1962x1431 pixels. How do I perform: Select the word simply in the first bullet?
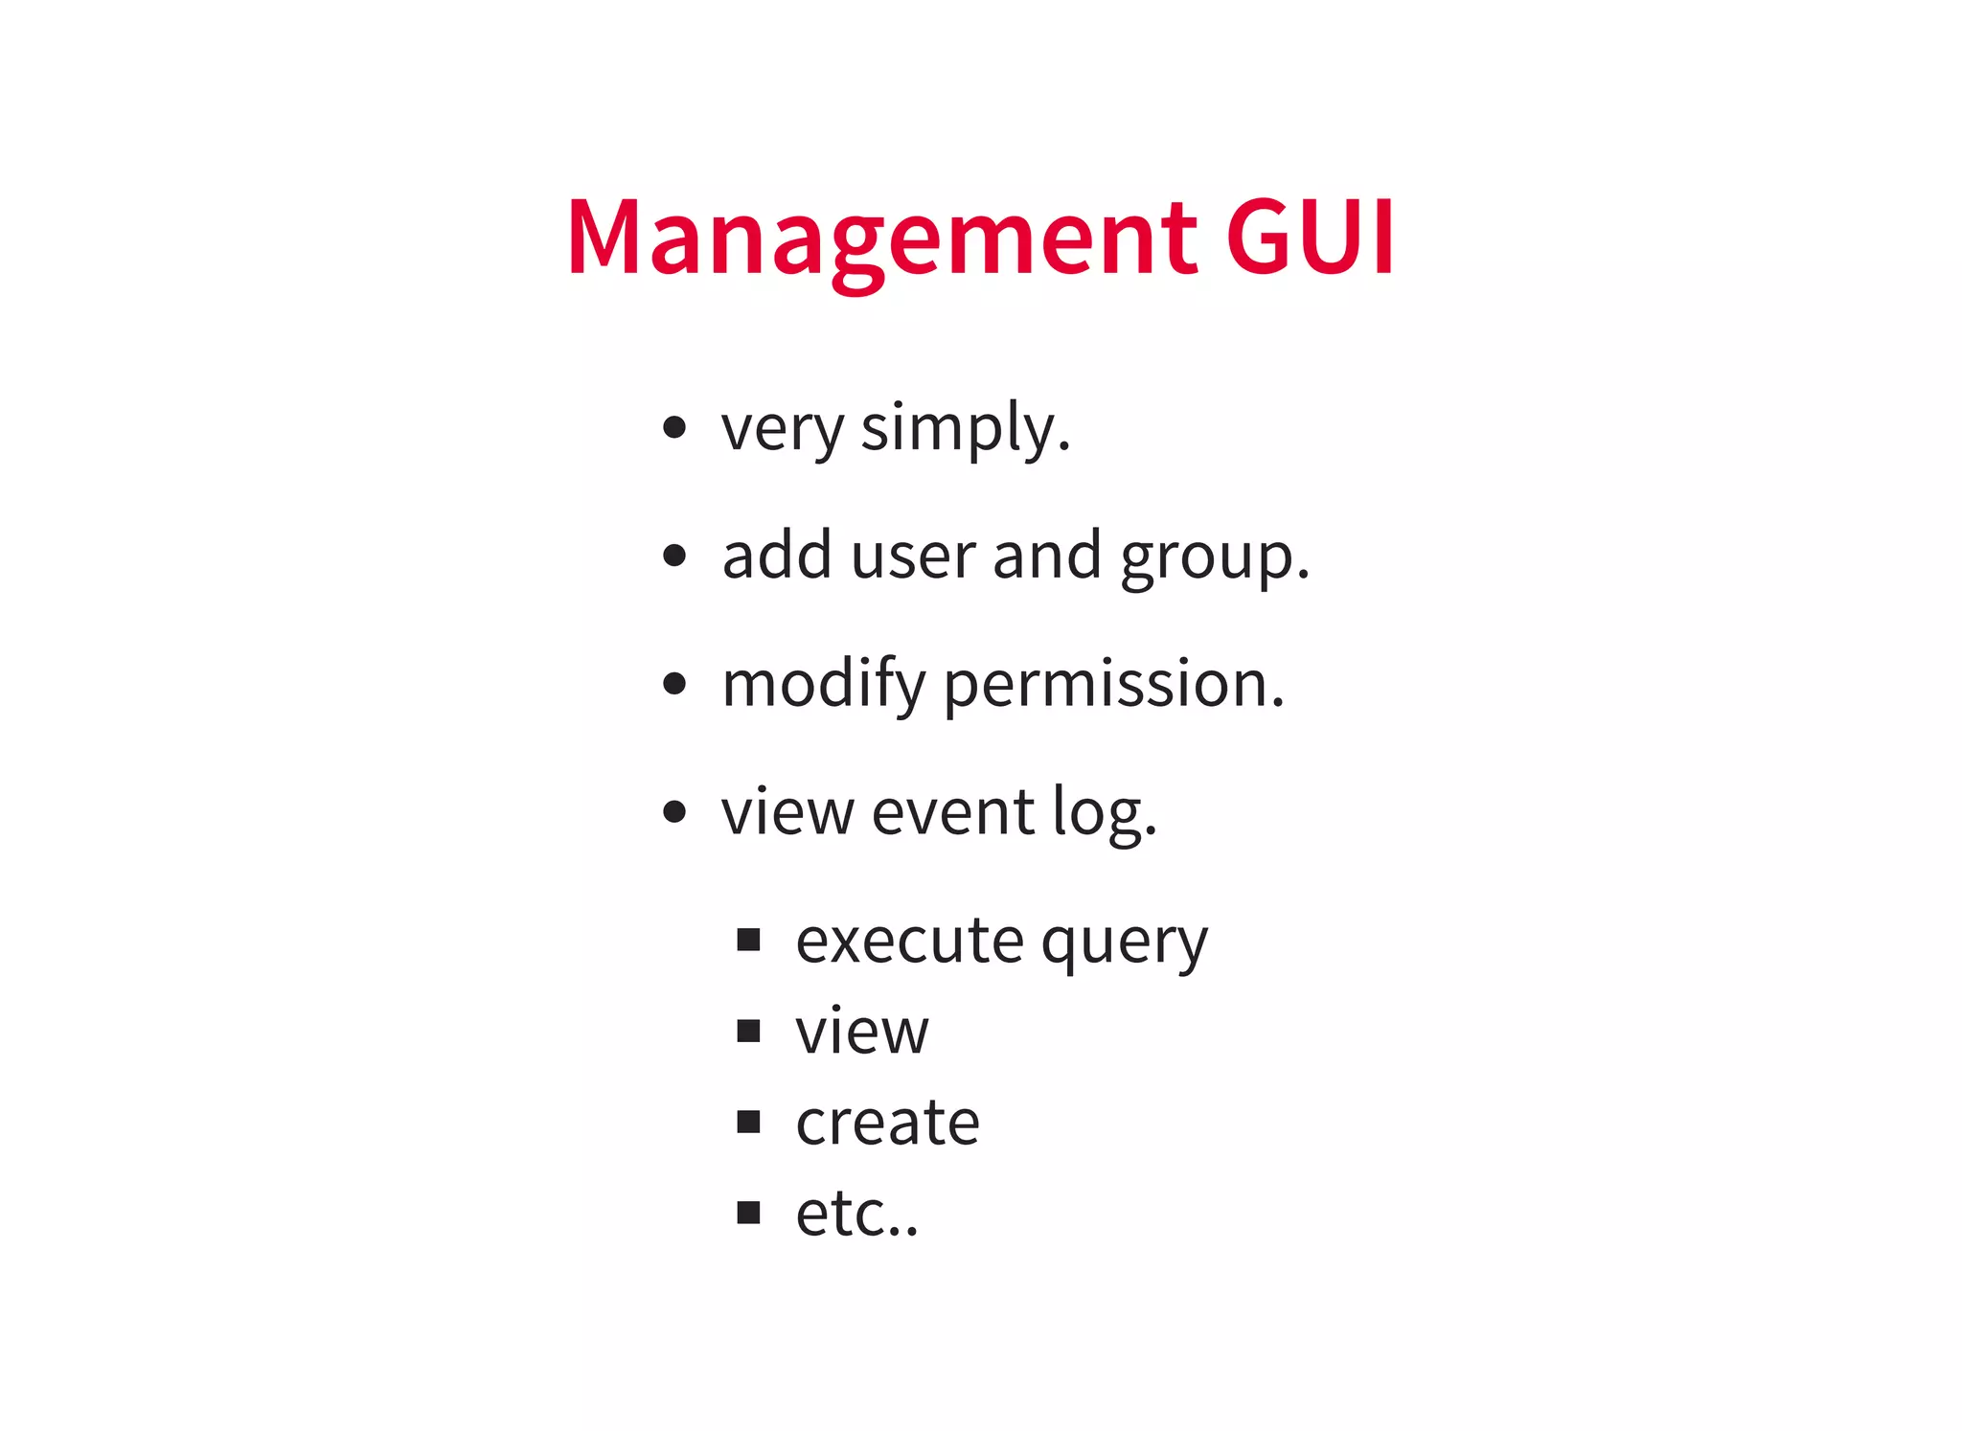(x=965, y=428)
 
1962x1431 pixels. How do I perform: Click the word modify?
(x=824, y=685)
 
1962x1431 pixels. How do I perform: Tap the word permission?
(x=1113, y=685)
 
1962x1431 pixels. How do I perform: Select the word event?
(x=953, y=813)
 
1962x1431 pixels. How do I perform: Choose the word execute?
(x=909, y=941)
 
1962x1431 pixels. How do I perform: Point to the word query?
(x=1125, y=944)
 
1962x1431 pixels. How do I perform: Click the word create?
(x=887, y=1123)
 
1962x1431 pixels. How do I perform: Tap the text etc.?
(x=856, y=1214)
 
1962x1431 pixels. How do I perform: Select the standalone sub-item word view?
(x=862, y=1032)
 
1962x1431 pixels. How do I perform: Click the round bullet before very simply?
(x=674, y=427)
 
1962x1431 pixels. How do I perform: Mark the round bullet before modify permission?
(x=674, y=684)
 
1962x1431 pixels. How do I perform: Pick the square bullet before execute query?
(x=748, y=940)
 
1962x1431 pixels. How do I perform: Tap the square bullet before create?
(x=748, y=1122)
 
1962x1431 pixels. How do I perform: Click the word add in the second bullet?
(x=777, y=556)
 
